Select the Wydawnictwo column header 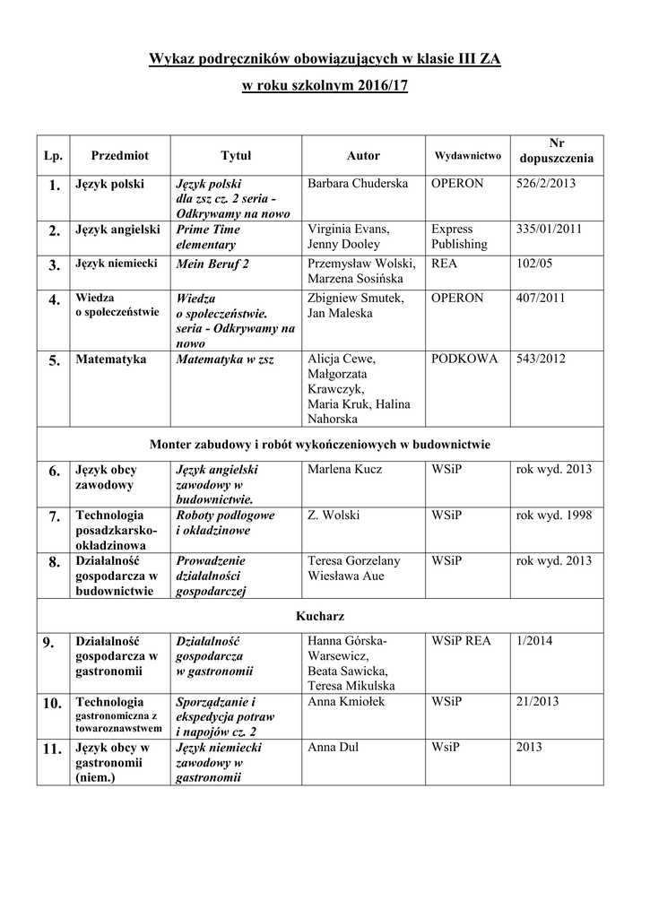(467, 155)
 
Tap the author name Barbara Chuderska (357, 183)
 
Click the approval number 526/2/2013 (546, 183)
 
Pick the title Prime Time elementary (208, 237)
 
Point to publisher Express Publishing (459, 237)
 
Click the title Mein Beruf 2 (212, 264)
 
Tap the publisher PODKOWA (464, 359)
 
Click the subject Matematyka (111, 359)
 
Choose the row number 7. (54, 516)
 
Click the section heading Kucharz (320, 617)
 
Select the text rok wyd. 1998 (554, 515)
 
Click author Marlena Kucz (344, 469)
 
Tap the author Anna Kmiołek (346, 702)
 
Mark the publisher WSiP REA (461, 641)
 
